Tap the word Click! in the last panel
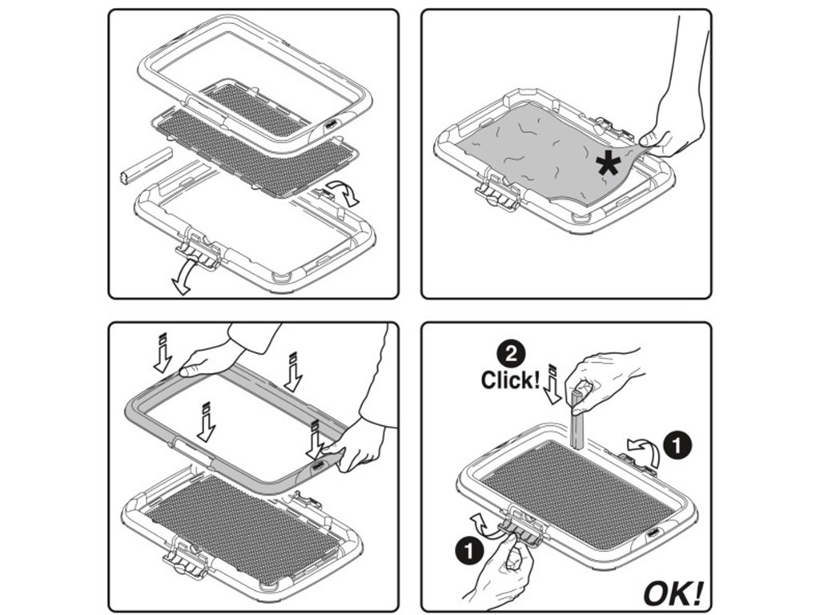(x=510, y=380)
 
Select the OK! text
(x=673, y=593)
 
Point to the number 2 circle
(x=511, y=355)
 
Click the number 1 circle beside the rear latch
(x=677, y=447)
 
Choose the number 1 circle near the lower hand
(x=469, y=551)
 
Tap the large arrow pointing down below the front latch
(x=184, y=278)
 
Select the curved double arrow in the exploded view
(x=345, y=193)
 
